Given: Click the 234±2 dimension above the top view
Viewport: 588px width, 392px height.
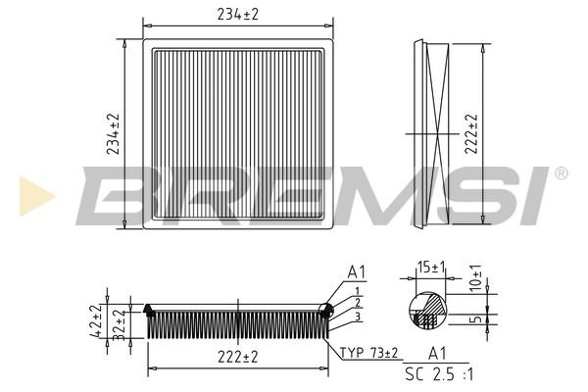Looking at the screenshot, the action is [238, 15].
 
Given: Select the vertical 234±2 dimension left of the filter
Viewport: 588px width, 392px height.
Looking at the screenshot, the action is [113, 134].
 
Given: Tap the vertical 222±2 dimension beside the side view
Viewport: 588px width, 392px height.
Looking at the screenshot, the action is [471, 134].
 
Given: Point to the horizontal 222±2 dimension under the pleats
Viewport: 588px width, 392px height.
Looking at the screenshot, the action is [238, 357].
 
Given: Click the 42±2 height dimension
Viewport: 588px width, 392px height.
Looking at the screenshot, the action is [96, 320].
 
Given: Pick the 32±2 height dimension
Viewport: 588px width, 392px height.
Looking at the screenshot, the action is [119, 324].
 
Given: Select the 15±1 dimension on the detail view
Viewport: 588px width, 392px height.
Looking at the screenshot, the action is [431, 268].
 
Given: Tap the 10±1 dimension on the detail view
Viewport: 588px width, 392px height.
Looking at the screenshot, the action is [475, 278].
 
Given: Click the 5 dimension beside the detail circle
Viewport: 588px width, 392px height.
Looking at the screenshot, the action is [476, 319].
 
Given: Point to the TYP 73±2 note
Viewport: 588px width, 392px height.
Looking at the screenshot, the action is [368, 353].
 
